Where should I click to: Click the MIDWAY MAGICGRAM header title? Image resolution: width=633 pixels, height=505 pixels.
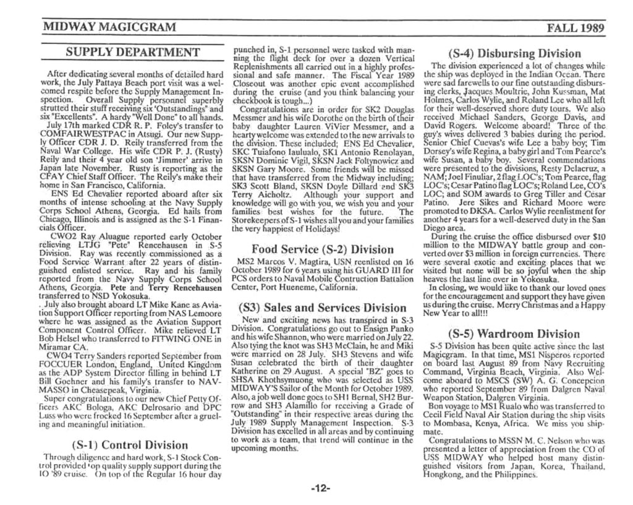pos(109,27)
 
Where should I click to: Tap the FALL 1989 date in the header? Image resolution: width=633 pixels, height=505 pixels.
pos(576,27)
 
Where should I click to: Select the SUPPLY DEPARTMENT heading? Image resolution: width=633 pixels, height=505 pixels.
pos(133,52)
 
